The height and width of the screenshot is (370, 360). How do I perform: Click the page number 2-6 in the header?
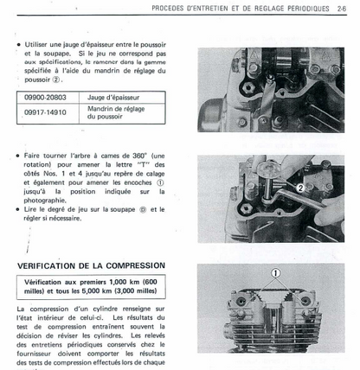coord(342,9)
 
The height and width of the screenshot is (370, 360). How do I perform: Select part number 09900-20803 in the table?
coord(45,98)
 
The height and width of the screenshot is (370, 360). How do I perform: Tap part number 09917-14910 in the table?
coord(45,112)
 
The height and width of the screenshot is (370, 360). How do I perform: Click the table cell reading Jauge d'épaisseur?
coord(113,98)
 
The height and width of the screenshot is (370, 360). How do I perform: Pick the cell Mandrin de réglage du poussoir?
coord(116,112)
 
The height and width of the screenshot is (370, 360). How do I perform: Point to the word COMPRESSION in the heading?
coord(136,265)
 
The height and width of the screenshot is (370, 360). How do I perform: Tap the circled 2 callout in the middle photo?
coord(300,188)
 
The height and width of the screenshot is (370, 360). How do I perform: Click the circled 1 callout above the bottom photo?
coord(276,272)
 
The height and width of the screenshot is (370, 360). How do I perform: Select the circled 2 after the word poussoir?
coord(56,80)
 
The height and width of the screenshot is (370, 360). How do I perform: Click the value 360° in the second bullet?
coord(139,156)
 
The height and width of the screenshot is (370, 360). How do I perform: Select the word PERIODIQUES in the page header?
coord(308,9)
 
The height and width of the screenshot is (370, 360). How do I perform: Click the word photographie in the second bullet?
coord(45,201)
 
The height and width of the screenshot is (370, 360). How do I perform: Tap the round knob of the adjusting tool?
coord(267,168)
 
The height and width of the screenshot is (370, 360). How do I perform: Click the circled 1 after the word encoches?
coord(160,182)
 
